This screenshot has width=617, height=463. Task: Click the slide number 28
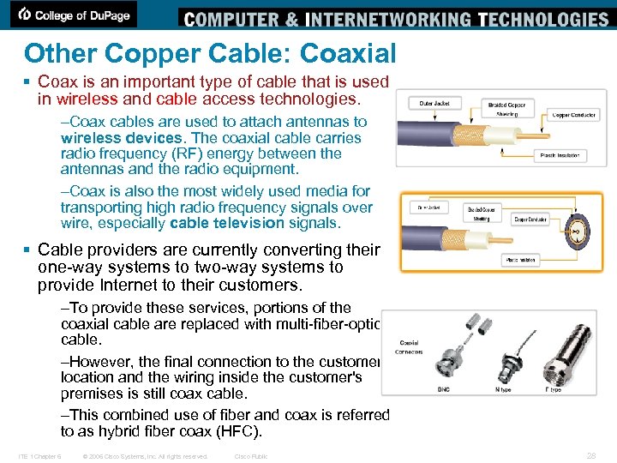590,456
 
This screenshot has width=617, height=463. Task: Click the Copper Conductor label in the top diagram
573,113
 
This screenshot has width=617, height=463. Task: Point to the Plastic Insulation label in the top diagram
560,155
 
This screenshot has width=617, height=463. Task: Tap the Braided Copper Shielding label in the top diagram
506,109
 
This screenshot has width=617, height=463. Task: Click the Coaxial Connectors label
409,347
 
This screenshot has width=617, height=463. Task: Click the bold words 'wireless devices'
121,138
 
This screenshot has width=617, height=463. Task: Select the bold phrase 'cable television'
227,223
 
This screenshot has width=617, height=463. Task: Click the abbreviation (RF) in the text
185,154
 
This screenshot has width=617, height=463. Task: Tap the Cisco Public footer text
251,456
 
